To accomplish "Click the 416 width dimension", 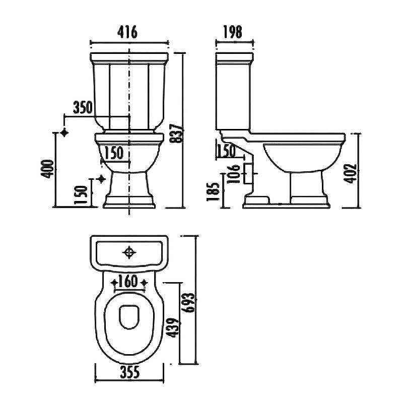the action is (127, 32).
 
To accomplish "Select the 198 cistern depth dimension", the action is (233, 32).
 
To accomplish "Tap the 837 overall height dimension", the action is (177, 134).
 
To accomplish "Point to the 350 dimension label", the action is (83, 107).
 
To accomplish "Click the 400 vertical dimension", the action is (47, 169).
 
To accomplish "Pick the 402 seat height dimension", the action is (350, 174).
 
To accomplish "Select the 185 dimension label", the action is (213, 192).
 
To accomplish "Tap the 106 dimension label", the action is (234, 174).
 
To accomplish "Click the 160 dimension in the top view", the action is (128, 281).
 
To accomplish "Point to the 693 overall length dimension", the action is (188, 303).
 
